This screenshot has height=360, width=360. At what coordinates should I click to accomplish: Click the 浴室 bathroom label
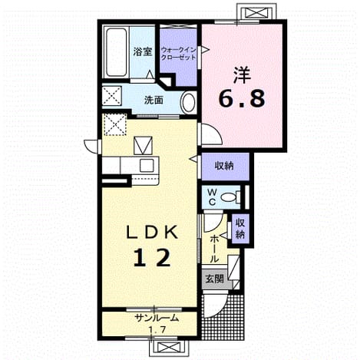(x=143, y=52)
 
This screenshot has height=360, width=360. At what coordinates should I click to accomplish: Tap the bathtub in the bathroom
(x=116, y=52)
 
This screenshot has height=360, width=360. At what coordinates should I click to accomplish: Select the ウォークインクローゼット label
(x=178, y=54)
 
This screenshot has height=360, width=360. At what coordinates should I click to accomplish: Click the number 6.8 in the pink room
(x=242, y=99)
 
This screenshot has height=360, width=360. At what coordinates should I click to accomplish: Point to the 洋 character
(x=242, y=74)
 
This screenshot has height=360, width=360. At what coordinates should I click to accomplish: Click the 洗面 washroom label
(x=154, y=101)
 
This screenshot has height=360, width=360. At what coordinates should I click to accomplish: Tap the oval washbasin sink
(x=189, y=103)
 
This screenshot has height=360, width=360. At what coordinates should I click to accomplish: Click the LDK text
(x=153, y=233)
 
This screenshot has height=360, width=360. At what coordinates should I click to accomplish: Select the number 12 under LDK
(x=152, y=257)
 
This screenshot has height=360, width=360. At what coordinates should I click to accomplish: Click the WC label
(x=212, y=197)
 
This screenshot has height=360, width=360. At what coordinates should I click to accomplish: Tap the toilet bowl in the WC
(x=229, y=197)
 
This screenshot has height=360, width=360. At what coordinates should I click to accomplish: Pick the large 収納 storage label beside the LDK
(x=224, y=166)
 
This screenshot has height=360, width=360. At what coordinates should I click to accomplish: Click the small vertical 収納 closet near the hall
(x=240, y=229)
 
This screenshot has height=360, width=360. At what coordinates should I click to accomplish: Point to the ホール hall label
(x=214, y=249)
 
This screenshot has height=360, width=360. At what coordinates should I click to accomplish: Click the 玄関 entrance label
(x=215, y=279)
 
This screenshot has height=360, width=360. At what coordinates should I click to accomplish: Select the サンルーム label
(x=157, y=318)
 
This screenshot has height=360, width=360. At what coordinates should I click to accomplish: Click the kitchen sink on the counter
(x=147, y=165)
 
